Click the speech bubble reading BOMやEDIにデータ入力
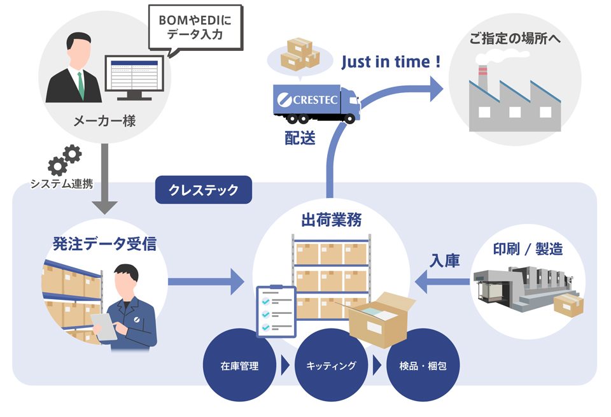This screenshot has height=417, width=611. coord(195,28)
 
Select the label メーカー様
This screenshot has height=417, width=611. coord(104,121)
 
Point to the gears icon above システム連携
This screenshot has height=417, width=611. coord(65,160)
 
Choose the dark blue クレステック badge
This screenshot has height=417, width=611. coord(204,190)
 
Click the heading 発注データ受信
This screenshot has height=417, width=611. coord(104,244)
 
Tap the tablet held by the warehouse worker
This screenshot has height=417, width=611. coord(104,327)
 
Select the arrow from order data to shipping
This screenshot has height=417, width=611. coord(206,281)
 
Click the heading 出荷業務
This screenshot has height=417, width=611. coord(331,220)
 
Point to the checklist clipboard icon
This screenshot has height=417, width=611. coord(276,311)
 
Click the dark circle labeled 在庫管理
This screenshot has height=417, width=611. coord(239,365)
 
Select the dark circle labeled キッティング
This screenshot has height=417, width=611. coord(331,365)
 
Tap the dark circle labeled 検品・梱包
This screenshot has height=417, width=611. coord(423,365)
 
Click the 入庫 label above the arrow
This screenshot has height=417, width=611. coord(445,260)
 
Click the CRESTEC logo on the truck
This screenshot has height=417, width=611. coord(307,100)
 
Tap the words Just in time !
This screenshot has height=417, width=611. coord(391,62)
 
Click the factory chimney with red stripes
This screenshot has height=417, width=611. coord(482,78)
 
